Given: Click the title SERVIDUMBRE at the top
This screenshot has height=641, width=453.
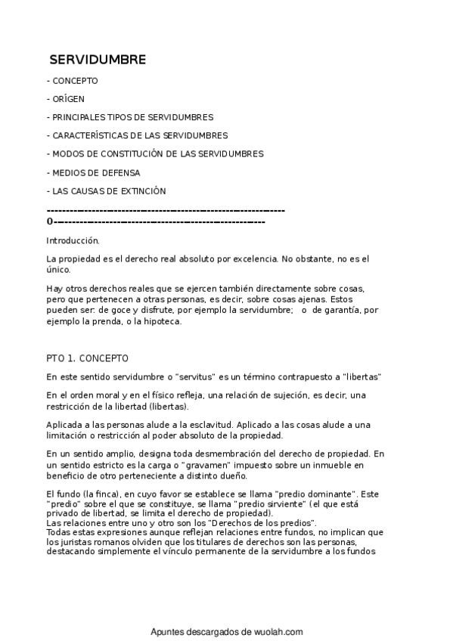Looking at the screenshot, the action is click(98, 60).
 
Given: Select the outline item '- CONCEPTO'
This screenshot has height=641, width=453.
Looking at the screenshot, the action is click(73, 81).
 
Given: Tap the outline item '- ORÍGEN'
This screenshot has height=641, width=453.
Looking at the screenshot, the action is click(66, 99).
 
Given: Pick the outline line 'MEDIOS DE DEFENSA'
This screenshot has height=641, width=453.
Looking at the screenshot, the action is click(96, 172).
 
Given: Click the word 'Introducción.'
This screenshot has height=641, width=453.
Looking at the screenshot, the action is click(73, 241).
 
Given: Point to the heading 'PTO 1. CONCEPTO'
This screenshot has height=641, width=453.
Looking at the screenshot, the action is click(88, 358).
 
